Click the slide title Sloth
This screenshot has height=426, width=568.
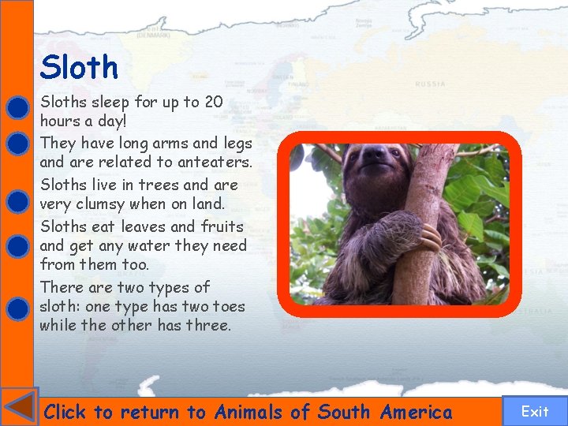[79, 68]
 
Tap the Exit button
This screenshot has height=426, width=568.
[534, 411]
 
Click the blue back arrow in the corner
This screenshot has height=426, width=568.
[19, 407]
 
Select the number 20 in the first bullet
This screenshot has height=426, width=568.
[213, 102]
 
